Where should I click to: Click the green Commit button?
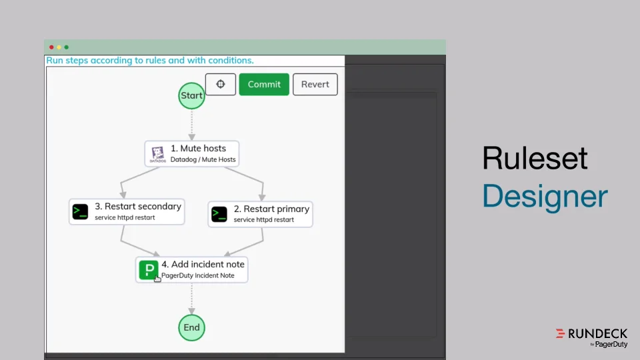click(264, 85)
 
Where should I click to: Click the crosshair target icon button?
click(221, 85)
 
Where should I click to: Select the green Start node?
click(191, 95)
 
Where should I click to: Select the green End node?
click(191, 327)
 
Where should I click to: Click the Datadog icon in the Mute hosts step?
click(158, 154)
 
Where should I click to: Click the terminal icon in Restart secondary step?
click(81, 212)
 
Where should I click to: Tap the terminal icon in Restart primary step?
click(219, 214)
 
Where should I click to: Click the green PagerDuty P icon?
click(148, 269)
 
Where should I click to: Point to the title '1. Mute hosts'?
click(198, 149)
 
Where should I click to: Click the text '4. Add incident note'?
click(203, 264)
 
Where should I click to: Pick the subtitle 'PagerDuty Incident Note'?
click(198, 275)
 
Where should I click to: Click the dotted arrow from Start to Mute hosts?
click(191, 124)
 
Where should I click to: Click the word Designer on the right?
click(545, 197)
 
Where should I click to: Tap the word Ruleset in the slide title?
click(535, 159)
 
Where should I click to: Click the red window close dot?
click(51, 47)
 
